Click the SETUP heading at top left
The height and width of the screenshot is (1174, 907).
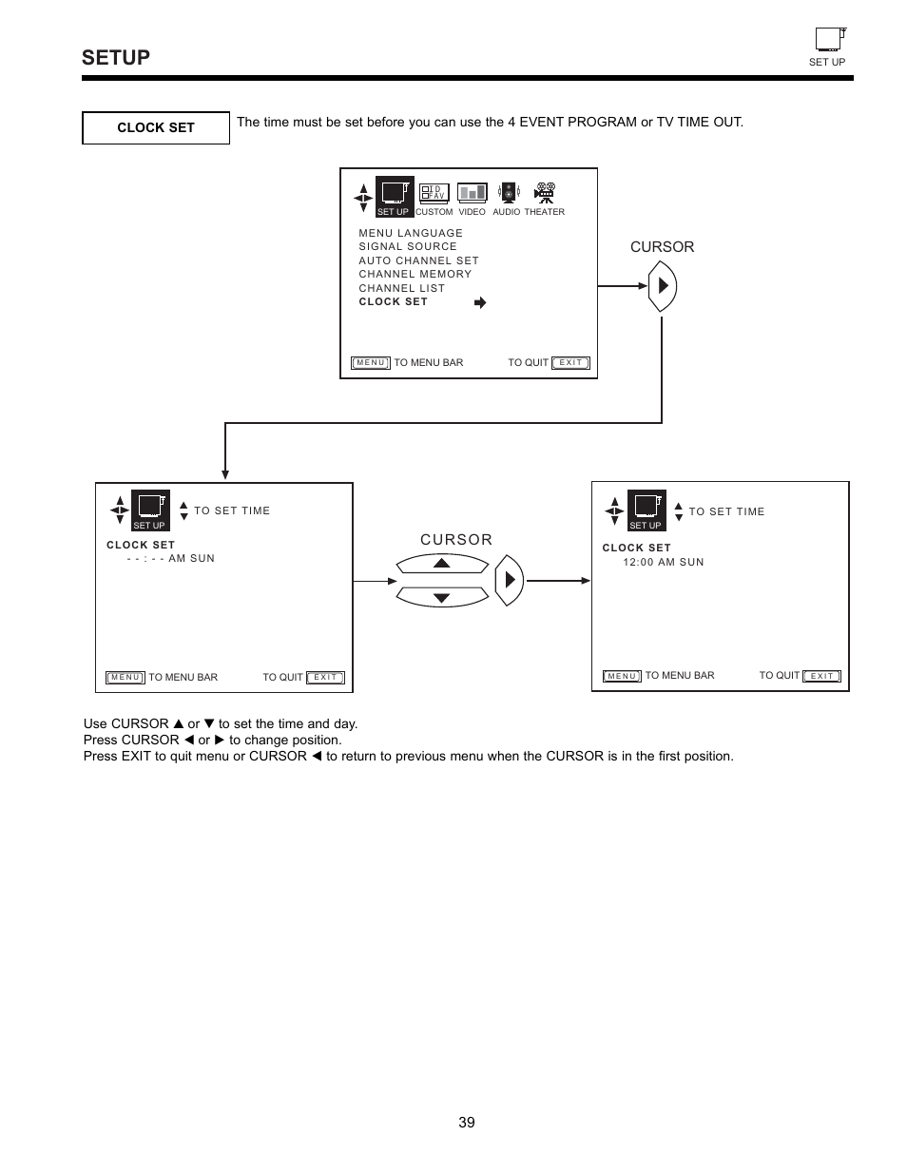tap(116, 58)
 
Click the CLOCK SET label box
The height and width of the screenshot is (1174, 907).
tap(156, 127)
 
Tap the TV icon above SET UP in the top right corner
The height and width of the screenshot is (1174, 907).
tap(829, 39)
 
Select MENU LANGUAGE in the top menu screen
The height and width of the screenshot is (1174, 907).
tap(411, 233)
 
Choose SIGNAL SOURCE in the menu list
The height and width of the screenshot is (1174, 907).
tap(408, 246)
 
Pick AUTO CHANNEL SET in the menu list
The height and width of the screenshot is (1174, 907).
tap(418, 260)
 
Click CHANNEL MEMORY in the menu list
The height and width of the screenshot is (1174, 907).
tap(415, 274)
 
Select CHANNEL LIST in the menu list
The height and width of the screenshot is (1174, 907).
tap(401, 288)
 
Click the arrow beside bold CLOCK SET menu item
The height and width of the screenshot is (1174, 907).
tap(480, 302)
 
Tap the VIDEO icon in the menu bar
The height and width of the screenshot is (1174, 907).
tap(472, 193)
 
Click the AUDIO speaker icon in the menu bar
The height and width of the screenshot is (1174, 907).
tap(508, 193)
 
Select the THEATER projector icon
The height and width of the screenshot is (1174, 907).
tap(544, 193)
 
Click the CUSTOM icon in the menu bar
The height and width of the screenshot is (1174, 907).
tap(434, 193)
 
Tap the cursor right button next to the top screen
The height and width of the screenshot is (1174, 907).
tap(663, 286)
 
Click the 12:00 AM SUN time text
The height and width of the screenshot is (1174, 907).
tap(664, 562)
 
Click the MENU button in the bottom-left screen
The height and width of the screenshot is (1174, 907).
tap(125, 678)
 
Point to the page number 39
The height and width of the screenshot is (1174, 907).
tap(466, 1123)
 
